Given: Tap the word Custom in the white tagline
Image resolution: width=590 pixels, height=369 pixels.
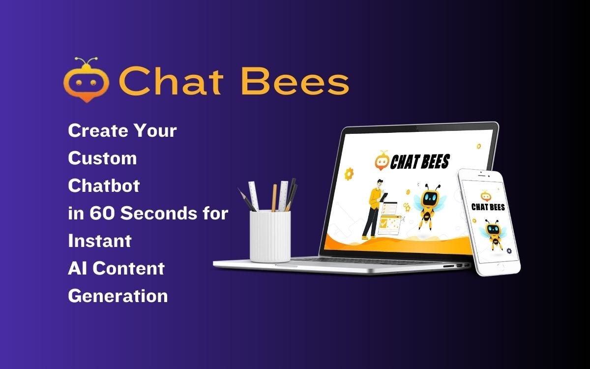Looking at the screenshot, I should (x=102, y=158).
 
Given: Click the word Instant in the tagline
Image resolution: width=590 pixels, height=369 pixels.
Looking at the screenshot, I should (x=100, y=241).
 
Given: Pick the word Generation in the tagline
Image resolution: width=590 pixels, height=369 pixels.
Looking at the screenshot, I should (x=118, y=296).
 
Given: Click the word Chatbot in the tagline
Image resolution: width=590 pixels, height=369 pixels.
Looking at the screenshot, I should (x=104, y=186).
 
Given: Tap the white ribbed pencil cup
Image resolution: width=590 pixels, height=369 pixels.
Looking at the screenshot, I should (x=270, y=236).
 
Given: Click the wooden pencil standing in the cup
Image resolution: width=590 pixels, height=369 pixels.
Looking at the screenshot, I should (x=274, y=197).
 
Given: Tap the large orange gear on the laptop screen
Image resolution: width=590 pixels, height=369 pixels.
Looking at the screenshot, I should (x=350, y=173).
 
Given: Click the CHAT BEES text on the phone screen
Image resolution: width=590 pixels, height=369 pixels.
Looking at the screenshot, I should (x=488, y=207).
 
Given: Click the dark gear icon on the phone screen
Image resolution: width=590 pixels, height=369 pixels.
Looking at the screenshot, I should (x=508, y=251).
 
